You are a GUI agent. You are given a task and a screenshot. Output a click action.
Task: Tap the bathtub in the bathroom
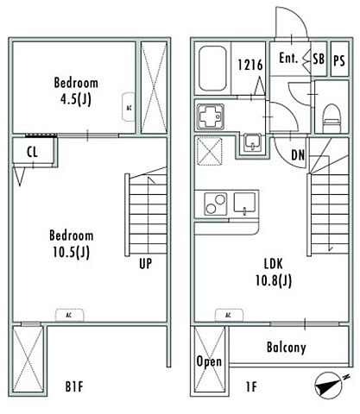212,68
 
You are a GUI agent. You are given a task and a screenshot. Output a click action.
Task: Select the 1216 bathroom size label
250,65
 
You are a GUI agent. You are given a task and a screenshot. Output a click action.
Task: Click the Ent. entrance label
288,59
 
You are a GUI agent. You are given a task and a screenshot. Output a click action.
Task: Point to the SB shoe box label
319,59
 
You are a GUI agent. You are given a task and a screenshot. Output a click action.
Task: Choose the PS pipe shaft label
339,60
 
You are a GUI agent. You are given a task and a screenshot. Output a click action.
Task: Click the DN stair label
298,155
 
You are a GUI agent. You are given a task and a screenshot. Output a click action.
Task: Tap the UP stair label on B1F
145,263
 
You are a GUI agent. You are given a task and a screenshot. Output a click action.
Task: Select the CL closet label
32,152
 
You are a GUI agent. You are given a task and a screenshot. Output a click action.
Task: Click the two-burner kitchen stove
215,204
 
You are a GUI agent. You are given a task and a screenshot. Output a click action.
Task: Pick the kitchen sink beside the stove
244,204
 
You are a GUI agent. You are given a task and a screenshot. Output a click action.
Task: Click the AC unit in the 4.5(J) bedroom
129,107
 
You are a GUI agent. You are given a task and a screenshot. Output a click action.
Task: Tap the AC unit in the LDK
229,315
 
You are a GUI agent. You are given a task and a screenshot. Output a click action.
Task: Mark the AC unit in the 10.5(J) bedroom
69,315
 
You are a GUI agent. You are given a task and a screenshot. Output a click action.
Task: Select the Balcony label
287,347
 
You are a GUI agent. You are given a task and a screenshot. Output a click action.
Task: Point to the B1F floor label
74,386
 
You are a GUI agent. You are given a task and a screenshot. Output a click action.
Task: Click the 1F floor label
251,386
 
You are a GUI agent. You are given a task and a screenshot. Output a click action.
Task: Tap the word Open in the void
209,361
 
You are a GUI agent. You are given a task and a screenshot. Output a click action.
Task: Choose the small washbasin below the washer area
253,143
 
